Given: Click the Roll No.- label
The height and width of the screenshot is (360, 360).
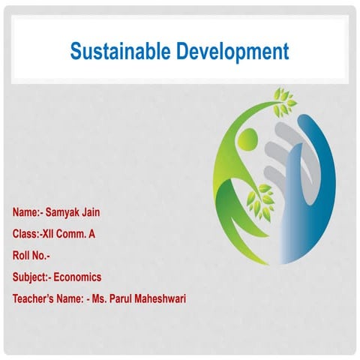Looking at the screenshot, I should point(31,256).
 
